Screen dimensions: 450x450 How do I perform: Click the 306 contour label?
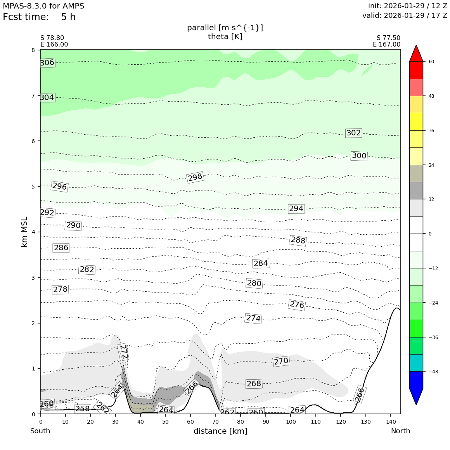click(x=47, y=63)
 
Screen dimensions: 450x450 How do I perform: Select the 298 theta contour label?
click(x=195, y=177)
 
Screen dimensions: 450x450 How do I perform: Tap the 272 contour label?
click(x=124, y=352)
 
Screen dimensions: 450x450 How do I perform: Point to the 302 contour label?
click(x=353, y=133)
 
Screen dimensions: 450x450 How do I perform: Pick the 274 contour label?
click(x=253, y=318)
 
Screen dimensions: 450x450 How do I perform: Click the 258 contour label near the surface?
click(x=82, y=408)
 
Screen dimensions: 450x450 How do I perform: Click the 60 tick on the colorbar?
click(x=431, y=62)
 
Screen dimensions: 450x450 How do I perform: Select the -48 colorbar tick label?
click(x=433, y=372)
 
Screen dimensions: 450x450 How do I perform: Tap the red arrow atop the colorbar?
click(x=416, y=54)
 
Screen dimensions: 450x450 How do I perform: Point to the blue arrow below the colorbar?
click(x=416, y=396)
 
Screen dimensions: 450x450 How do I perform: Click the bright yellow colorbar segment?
click(x=416, y=122)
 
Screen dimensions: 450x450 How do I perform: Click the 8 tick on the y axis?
click(x=33, y=50)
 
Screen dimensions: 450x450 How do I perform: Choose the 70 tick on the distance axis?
click(x=215, y=422)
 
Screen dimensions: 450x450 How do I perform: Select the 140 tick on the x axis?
click(x=391, y=422)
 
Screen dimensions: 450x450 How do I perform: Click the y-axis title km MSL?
click(x=24, y=232)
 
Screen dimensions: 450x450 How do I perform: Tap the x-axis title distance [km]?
click(x=220, y=431)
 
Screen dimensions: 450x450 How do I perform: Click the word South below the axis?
click(x=40, y=431)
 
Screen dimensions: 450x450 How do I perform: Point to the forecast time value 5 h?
click(x=68, y=17)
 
